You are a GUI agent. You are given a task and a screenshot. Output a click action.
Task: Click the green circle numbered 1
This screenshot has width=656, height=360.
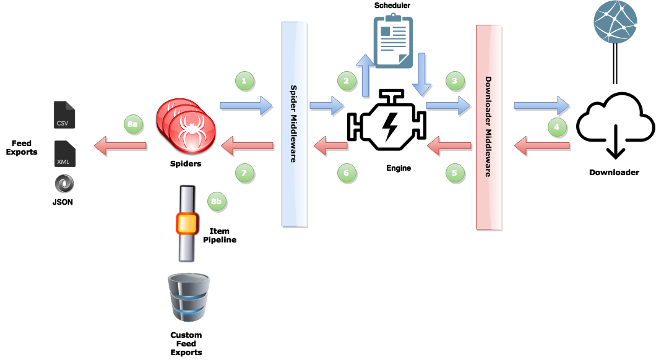click(244, 80)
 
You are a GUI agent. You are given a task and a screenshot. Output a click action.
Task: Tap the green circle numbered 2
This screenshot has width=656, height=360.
click(347, 80)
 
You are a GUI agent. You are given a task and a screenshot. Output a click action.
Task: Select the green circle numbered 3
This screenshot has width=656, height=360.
click(454, 80)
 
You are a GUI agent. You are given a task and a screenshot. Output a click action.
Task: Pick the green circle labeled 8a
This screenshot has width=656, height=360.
click(132, 124)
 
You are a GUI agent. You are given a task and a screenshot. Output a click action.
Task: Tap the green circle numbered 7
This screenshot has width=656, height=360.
click(244, 173)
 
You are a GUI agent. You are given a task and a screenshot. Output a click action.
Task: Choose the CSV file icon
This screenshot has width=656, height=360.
click(64, 116)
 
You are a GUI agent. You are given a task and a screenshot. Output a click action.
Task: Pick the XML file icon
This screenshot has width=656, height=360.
click(64, 154)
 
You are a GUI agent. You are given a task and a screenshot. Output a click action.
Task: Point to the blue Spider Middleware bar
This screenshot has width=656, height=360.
click(296, 124)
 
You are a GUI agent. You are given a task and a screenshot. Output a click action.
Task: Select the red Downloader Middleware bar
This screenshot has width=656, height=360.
click(488, 127)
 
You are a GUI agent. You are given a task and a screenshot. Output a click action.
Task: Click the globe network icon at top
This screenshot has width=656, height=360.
click(615, 21)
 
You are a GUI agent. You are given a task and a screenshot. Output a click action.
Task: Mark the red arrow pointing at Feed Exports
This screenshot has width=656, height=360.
click(120, 147)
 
